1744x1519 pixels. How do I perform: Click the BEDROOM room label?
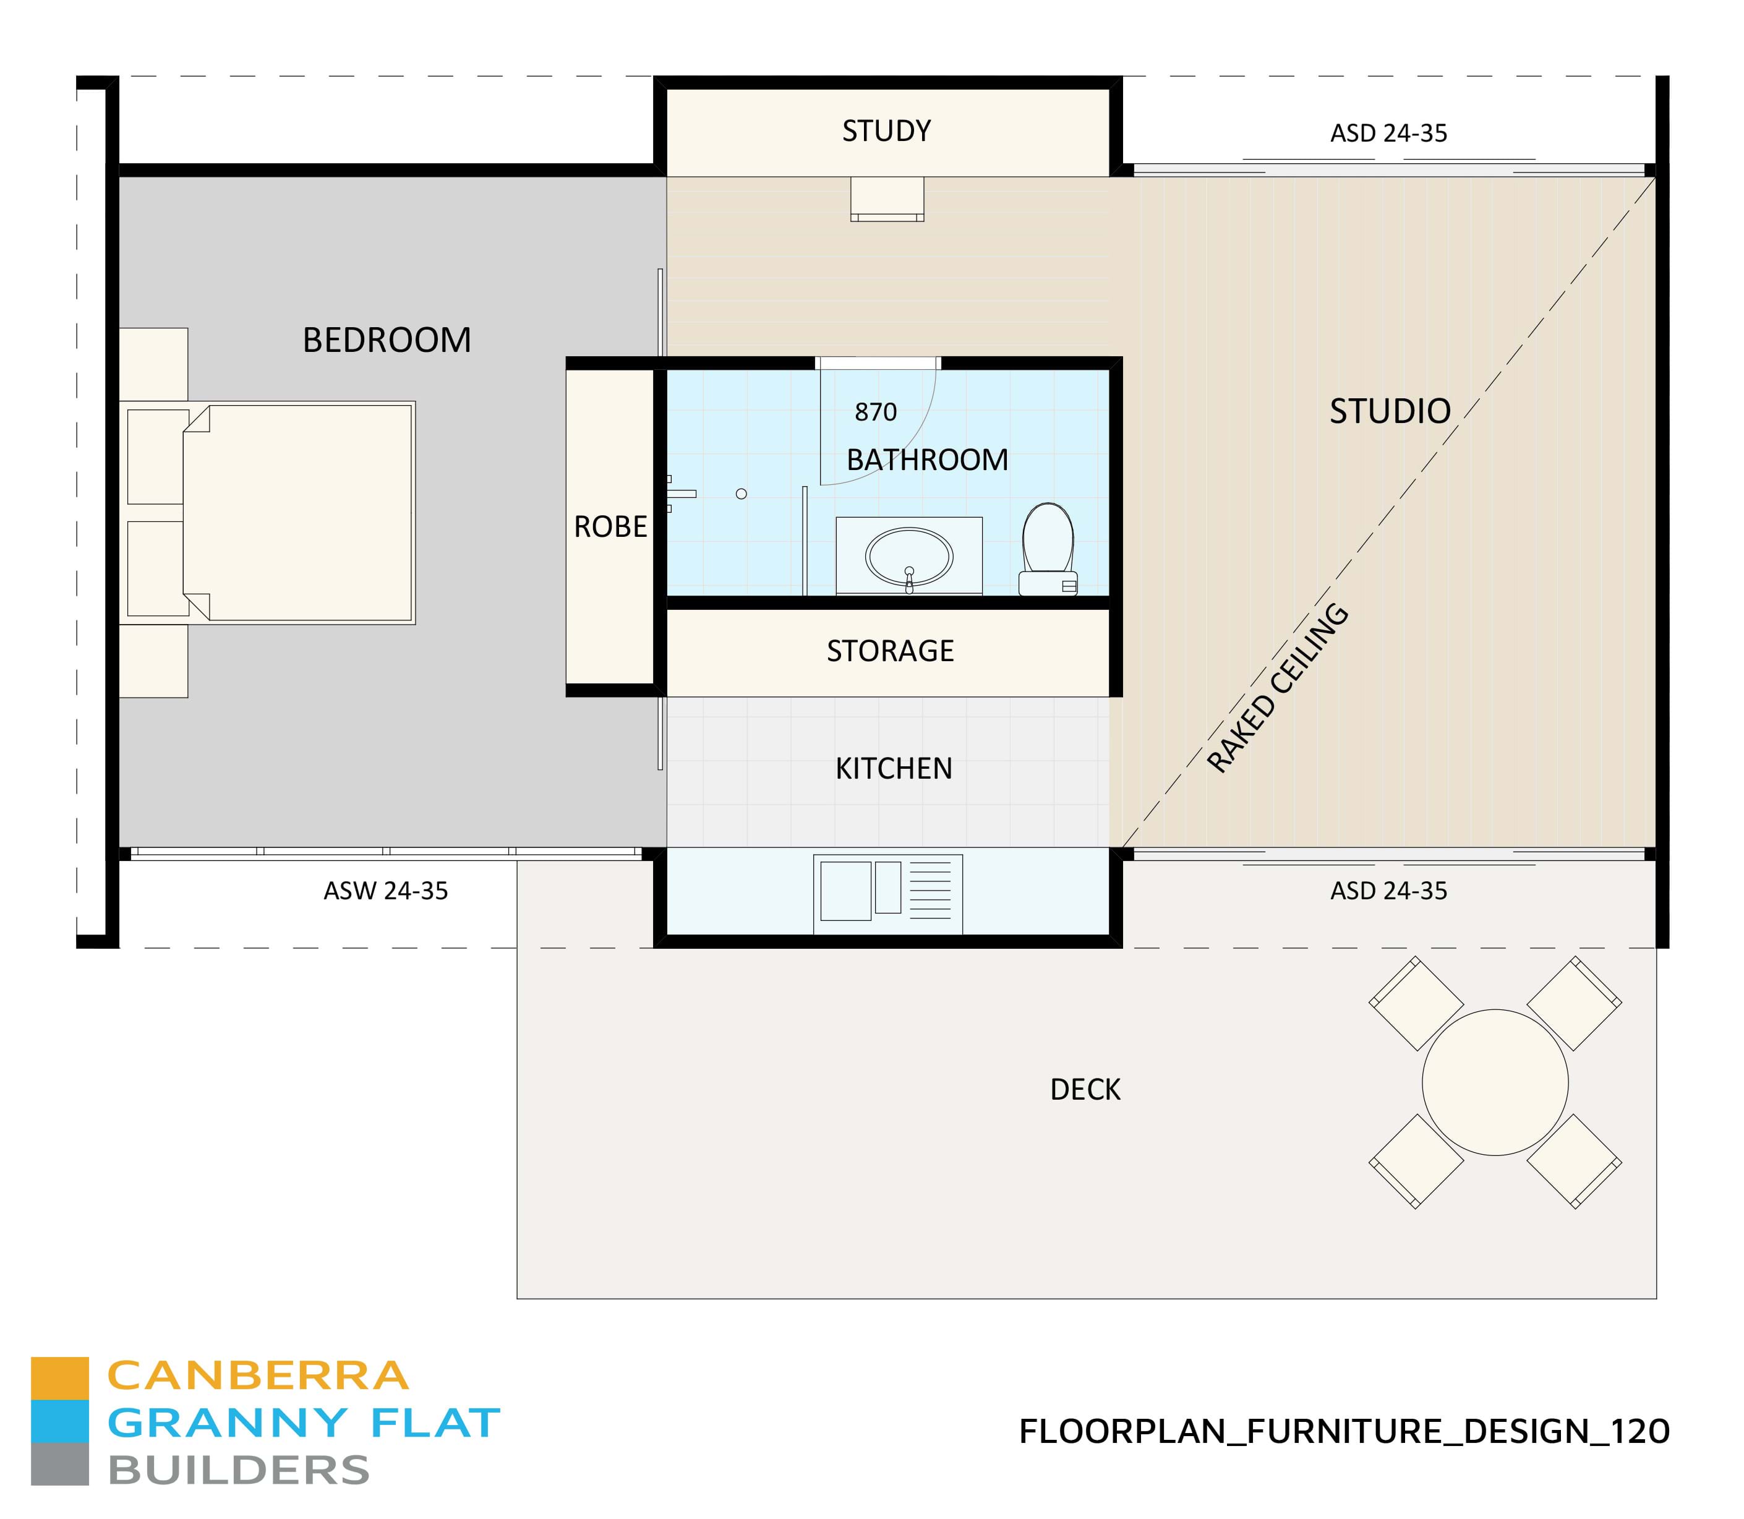coord(387,340)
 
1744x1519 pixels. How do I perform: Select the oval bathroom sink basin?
coord(908,557)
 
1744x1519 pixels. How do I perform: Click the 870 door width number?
coord(875,412)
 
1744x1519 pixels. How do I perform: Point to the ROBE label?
coord(610,526)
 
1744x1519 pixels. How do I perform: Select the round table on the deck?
coord(1495,1082)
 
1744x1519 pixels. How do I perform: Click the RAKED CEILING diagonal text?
coord(1277,688)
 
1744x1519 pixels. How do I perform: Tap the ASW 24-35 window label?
coord(385,891)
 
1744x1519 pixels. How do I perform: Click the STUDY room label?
coord(886,131)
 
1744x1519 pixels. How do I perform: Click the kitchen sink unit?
coord(887,894)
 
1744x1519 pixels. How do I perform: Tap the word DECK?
coord(1085,1089)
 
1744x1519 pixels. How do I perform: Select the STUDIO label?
coord(1390,411)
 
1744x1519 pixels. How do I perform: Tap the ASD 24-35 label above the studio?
coord(1388,133)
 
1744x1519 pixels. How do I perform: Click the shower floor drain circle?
coord(742,494)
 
